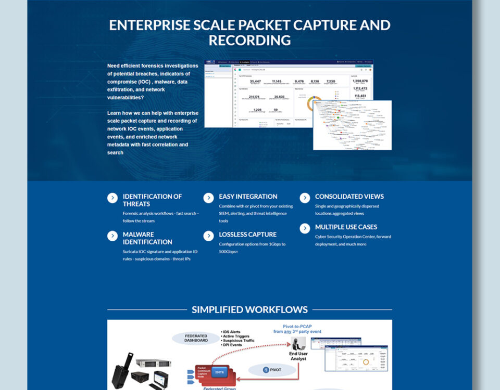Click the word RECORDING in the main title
(249, 40)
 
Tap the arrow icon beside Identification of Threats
(113, 198)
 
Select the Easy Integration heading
(248, 197)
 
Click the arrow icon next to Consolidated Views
(305, 198)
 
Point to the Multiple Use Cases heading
(346, 227)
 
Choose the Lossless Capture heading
(247, 235)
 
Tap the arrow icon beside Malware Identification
(113, 236)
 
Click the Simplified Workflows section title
(249, 310)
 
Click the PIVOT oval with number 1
(271, 370)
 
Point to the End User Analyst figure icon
(299, 344)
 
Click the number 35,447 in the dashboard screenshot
(255, 81)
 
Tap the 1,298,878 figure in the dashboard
(360, 81)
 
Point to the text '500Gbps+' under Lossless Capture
(228, 252)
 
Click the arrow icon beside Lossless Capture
(208, 236)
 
